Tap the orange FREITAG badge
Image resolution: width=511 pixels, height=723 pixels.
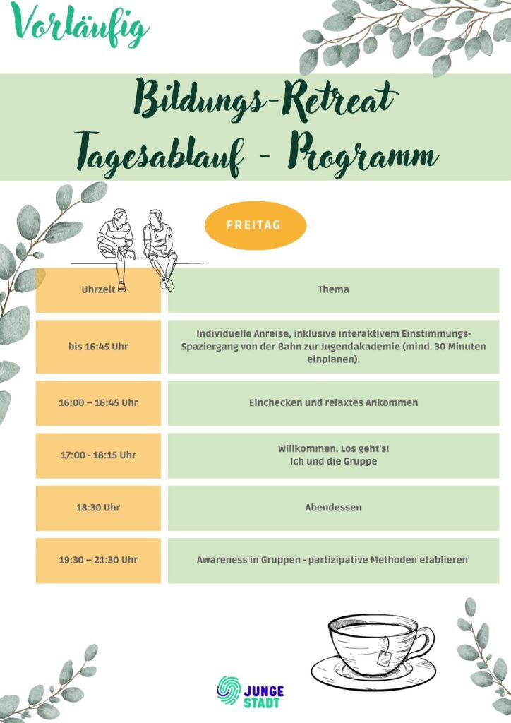click(255, 226)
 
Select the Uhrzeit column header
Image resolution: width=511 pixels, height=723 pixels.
click(98, 289)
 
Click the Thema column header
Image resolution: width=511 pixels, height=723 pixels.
click(333, 289)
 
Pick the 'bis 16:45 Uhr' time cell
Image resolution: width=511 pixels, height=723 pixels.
click(98, 347)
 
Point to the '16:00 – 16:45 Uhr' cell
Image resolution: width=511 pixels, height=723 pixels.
click(98, 402)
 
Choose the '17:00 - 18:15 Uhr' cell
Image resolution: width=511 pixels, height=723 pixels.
click(98, 455)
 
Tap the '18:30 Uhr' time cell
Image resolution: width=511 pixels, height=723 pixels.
click(98, 508)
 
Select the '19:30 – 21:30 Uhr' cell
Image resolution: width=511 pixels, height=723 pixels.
click(98, 560)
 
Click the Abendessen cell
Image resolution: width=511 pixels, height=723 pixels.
click(333, 508)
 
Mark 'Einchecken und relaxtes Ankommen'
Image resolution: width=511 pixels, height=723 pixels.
click(333, 402)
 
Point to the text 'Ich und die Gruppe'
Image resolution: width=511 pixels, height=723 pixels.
click(333, 462)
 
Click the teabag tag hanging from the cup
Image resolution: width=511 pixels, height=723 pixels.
click(385, 659)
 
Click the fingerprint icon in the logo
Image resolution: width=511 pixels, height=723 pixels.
click(229, 688)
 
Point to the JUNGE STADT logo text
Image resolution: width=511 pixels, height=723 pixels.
click(263, 696)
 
